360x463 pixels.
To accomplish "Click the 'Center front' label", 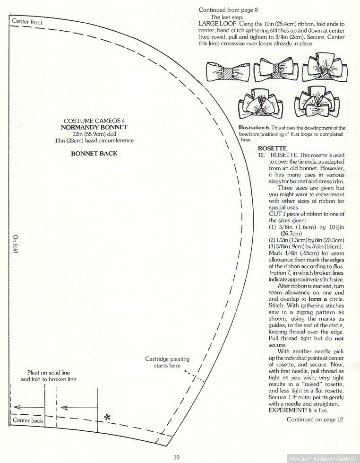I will (27, 22).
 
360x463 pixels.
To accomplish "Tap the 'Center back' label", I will (28, 420).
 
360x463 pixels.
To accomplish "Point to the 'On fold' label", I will (15, 244).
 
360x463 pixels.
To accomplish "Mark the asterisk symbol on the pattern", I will (108, 417).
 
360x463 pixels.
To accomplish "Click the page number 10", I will (176, 457).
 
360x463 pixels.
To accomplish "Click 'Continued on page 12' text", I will (315, 419).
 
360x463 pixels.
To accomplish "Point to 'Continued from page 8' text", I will (228, 9).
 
